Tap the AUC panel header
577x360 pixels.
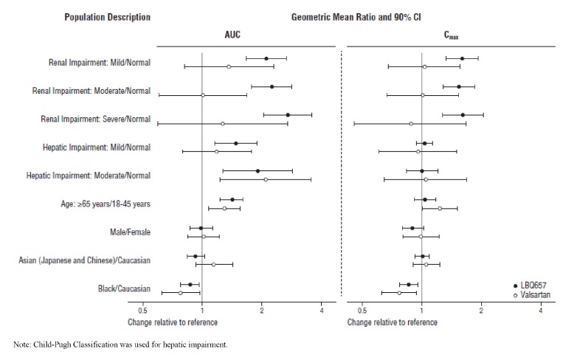pyautogui.click(x=232, y=35)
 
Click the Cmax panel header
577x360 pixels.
pyautogui.click(x=451, y=35)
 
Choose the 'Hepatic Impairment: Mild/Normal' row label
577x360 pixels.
pyautogui.click(x=97, y=148)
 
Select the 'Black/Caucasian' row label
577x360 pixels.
pyautogui.click(x=122, y=288)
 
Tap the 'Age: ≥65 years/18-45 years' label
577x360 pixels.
pyautogui.click(x=105, y=204)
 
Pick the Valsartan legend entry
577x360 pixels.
pyautogui.click(x=538, y=294)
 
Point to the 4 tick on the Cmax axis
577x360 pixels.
pyautogui.click(x=541, y=311)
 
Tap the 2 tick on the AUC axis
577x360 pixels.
pyautogui.click(x=262, y=311)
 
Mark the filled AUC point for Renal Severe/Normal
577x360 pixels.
pyautogui.click(x=288, y=115)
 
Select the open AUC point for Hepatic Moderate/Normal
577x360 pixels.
pyautogui.click(x=266, y=179)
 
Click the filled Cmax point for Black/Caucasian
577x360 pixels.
pyautogui.click(x=409, y=284)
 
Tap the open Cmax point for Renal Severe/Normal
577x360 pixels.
pyautogui.click(x=411, y=124)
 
